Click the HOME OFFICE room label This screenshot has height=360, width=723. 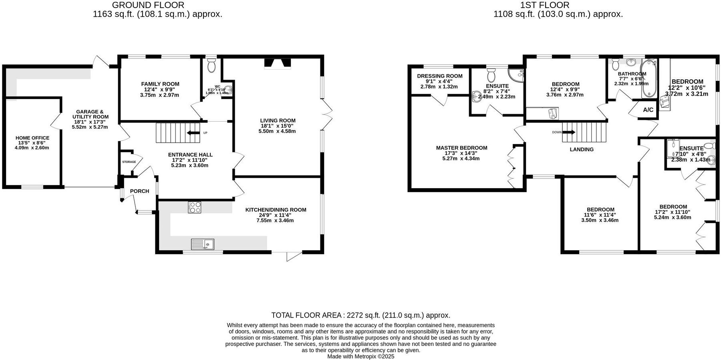(x=32, y=138)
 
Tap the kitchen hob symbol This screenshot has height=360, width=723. (x=195, y=207)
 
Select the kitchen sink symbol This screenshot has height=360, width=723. (x=203, y=244)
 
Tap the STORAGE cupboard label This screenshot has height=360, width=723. (x=129, y=162)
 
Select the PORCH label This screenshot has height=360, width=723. (x=139, y=191)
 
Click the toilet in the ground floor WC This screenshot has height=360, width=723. (x=212, y=66)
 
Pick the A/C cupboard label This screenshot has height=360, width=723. (x=648, y=110)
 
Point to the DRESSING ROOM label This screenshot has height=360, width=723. (x=439, y=76)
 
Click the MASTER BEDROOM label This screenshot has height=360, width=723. (x=461, y=148)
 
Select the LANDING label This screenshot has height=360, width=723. (x=582, y=149)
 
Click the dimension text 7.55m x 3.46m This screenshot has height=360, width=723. (x=275, y=220)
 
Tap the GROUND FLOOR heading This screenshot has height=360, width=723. (x=148, y=5)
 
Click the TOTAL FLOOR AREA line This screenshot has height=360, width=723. (x=360, y=315)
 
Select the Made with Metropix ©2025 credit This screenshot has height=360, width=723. (x=360, y=356)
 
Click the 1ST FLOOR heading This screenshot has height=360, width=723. (x=544, y=5)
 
